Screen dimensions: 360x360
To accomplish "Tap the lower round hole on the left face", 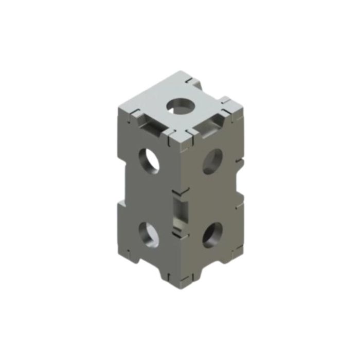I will [x=149, y=233].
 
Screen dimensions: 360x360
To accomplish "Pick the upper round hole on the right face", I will [x=212, y=161].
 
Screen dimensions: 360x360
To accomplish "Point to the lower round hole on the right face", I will [x=212, y=235].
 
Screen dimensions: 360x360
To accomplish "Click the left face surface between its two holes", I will [x=149, y=198].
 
